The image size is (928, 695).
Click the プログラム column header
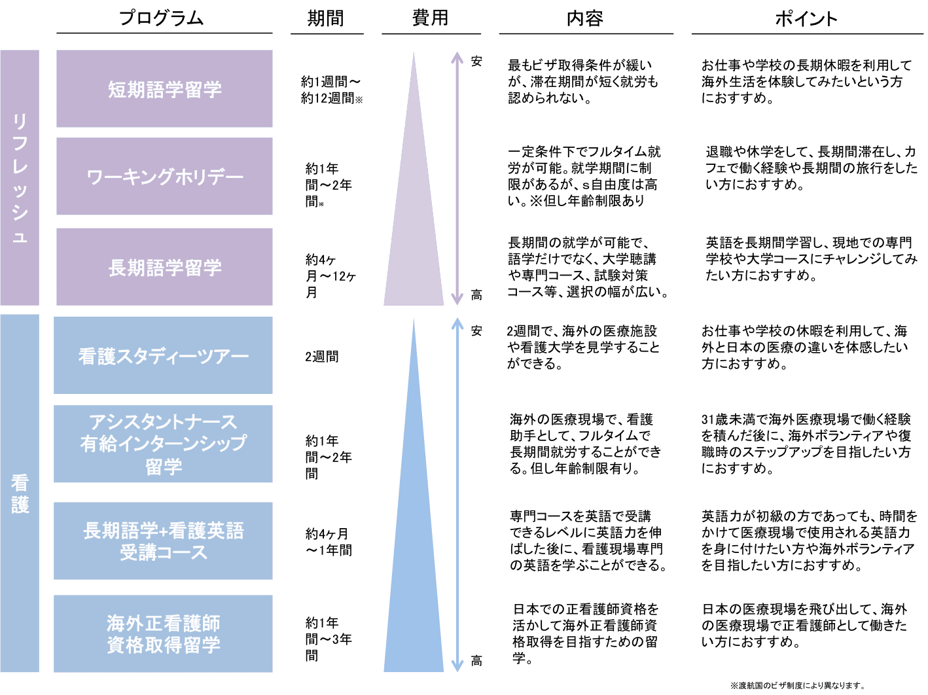(162, 18)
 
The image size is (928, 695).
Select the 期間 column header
(325, 18)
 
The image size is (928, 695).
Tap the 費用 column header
(430, 18)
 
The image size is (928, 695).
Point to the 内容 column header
(585, 18)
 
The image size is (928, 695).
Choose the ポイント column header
(806, 18)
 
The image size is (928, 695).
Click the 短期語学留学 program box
(164, 89)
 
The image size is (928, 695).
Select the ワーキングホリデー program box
(164, 176)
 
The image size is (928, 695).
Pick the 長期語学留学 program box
(164, 267)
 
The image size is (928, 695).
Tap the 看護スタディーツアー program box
(163, 355)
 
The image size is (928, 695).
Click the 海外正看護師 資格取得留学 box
(163, 633)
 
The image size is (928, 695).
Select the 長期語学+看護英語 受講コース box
(163, 541)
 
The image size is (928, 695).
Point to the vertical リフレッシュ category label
(20, 178)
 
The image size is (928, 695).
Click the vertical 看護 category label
(20, 493)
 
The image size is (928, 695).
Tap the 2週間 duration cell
(322, 357)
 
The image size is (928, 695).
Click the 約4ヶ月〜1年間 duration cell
(329, 542)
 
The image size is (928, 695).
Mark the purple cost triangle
(414, 211)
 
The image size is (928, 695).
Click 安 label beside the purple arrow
(476, 62)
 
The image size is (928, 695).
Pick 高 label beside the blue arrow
(476, 661)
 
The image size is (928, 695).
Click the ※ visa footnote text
(797, 685)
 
